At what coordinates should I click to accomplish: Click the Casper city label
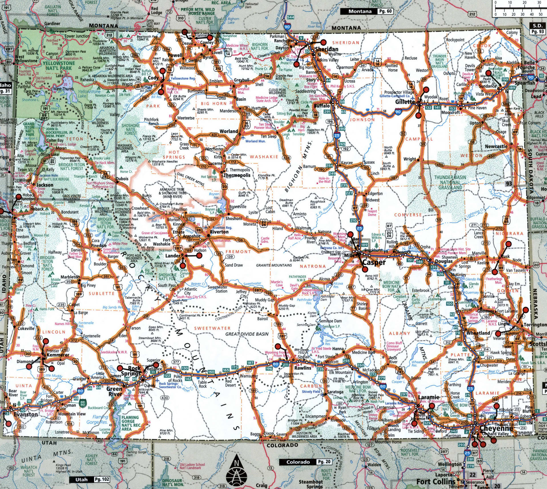point(374,262)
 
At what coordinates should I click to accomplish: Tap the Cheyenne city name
point(496,429)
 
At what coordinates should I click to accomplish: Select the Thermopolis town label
point(237,175)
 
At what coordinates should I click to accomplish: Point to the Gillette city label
point(405,102)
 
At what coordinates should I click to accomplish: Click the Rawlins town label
point(303,368)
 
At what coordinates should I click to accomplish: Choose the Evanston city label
point(26,414)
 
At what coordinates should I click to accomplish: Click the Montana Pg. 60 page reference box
point(366,11)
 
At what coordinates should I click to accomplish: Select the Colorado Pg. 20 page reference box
point(305,462)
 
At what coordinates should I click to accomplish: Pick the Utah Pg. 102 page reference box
point(89,480)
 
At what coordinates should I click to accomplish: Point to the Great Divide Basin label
point(247,334)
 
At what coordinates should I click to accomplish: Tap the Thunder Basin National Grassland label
point(450,182)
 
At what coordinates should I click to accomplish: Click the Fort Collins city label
point(436,482)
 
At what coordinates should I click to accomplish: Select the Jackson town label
point(45,185)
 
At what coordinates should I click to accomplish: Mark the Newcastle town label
point(496,146)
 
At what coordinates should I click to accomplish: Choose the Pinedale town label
point(99,246)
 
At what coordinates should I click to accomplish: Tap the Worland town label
point(229,131)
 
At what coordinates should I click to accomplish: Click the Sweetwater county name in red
point(212,328)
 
